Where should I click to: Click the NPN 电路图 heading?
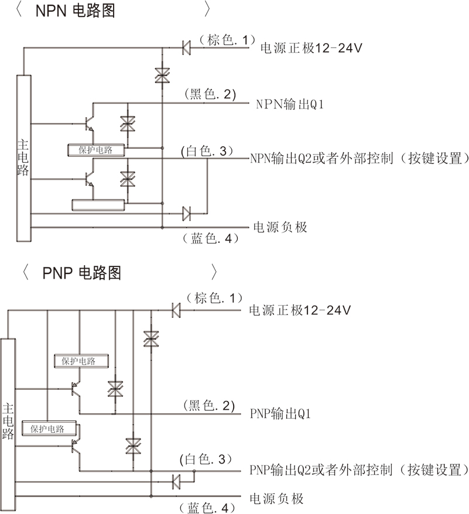(x=76, y=11)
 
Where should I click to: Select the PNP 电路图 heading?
(x=82, y=273)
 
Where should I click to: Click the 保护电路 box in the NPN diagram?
(x=97, y=150)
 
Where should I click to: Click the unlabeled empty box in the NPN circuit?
(x=98, y=204)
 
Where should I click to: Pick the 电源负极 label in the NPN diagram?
(x=280, y=227)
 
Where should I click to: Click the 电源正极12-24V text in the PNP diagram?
(x=299, y=310)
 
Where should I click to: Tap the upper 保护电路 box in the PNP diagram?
(x=83, y=361)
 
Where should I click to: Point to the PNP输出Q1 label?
(x=280, y=414)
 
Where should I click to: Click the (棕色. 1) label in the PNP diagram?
(x=211, y=299)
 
